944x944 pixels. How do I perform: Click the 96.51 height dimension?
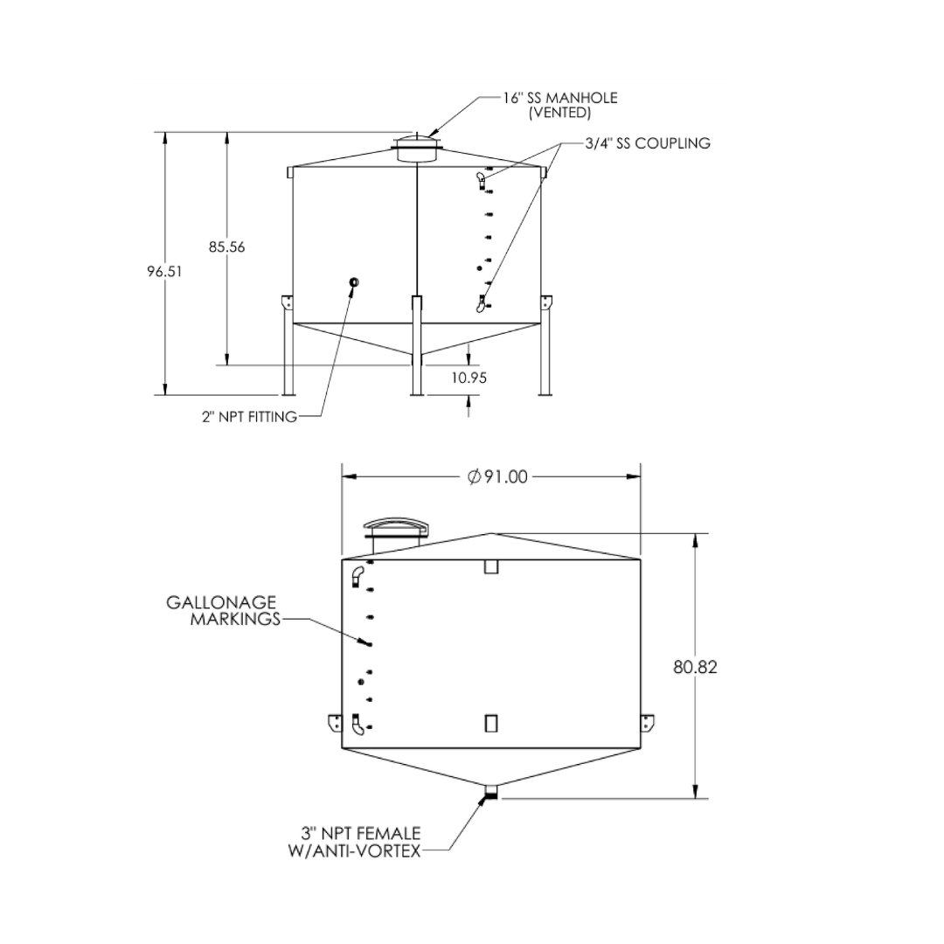pos(164,272)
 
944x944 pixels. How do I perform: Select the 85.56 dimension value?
pos(227,246)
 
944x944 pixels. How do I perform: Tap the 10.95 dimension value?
pos(469,378)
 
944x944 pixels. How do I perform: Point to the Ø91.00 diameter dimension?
pos(497,477)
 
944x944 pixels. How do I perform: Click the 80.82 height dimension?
pos(696,667)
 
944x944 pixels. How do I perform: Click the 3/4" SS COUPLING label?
pos(648,143)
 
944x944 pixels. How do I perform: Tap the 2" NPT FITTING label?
pos(249,417)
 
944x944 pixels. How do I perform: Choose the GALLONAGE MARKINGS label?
pos(224,610)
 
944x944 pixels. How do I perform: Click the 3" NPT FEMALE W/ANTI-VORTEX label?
pos(355,842)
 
